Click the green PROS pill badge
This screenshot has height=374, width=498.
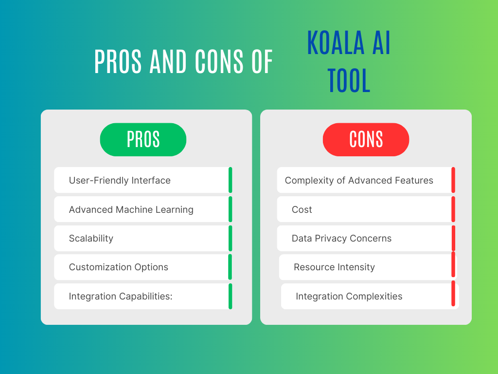pyautogui.click(x=143, y=140)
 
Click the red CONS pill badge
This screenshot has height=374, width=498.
pyautogui.click(x=366, y=140)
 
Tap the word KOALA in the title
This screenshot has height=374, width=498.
pyautogui.click(x=336, y=43)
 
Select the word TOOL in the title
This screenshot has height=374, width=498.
pyautogui.click(x=349, y=80)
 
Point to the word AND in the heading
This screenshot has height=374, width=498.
pyautogui.click(x=168, y=61)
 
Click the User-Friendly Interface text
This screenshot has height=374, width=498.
pyautogui.click(x=120, y=180)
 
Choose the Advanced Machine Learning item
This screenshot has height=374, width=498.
pyautogui.click(x=131, y=209)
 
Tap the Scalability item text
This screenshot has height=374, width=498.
pyautogui.click(x=91, y=238)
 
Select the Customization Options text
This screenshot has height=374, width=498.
pyautogui.click(x=119, y=267)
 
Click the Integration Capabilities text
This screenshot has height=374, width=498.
pyautogui.click(x=121, y=296)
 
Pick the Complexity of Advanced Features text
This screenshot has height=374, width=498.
pyautogui.click(x=359, y=180)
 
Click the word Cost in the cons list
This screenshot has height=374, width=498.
pyautogui.click(x=302, y=209)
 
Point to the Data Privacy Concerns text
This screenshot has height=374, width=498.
pyautogui.click(x=342, y=238)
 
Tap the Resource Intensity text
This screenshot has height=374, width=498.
pyautogui.click(x=335, y=267)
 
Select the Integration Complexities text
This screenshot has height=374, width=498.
pyautogui.click(x=349, y=296)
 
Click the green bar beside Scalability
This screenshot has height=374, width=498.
pyautogui.click(x=230, y=238)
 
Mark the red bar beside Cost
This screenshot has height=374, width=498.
pyautogui.click(x=453, y=209)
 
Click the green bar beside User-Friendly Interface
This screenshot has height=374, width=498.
pyautogui.click(x=230, y=180)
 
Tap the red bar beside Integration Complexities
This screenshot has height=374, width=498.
pyautogui.click(x=453, y=294)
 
